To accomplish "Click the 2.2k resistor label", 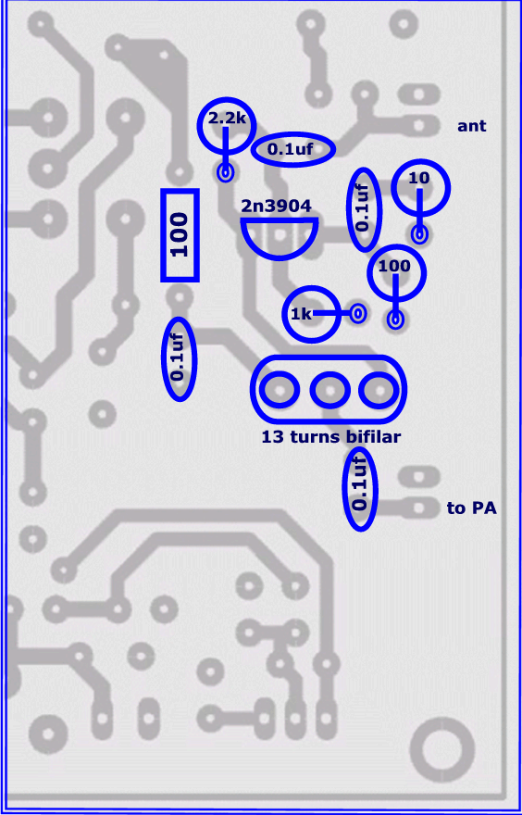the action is [x=227, y=119].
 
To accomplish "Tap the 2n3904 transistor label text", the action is [x=277, y=207].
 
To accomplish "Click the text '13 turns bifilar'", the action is [x=330, y=437].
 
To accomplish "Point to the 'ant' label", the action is [x=472, y=126].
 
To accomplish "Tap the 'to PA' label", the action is [x=472, y=508].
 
